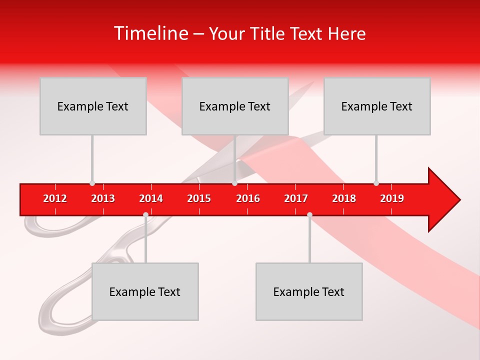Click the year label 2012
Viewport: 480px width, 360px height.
click(x=55, y=198)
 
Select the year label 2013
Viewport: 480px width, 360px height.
click(x=103, y=198)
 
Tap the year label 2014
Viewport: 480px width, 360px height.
click(x=151, y=198)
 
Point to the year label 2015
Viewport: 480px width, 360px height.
click(x=199, y=198)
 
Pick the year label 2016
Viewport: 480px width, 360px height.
click(x=248, y=198)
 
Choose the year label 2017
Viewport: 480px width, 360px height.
click(x=296, y=198)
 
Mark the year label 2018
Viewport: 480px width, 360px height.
click(x=344, y=198)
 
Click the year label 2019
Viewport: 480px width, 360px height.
click(x=392, y=198)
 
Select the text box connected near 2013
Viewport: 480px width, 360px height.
click(x=93, y=106)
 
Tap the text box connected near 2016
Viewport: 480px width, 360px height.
click(x=235, y=106)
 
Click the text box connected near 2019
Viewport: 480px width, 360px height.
click(x=377, y=106)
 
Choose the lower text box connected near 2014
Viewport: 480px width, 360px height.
click(x=145, y=291)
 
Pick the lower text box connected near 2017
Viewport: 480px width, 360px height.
click(x=309, y=291)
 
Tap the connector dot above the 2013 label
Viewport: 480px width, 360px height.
click(x=92, y=183)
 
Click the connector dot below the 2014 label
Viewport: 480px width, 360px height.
click(x=145, y=215)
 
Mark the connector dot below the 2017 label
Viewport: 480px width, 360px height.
click(x=309, y=215)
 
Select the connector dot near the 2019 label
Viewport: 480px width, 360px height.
click(x=376, y=183)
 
